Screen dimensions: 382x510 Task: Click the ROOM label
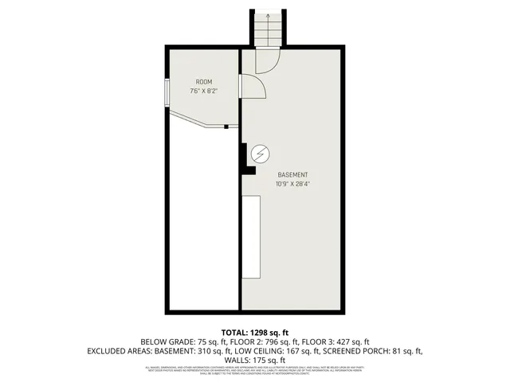[x=204, y=82]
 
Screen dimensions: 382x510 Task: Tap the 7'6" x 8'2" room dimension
[x=204, y=92]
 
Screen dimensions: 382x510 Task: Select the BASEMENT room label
[x=292, y=174]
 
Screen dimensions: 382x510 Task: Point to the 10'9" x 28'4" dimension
[x=292, y=184]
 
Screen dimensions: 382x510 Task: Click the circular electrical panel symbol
[x=260, y=154]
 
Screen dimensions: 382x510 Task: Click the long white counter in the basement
[x=251, y=237]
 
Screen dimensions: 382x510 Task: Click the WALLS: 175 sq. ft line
[x=254, y=360]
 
